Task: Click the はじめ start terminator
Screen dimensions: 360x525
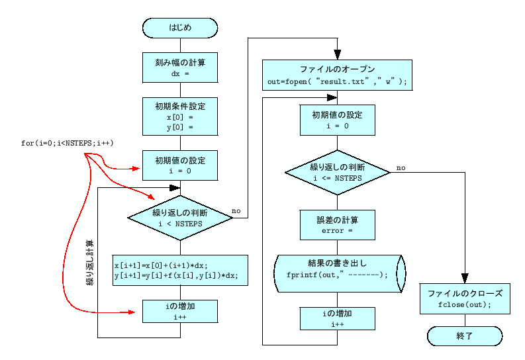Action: (x=180, y=28)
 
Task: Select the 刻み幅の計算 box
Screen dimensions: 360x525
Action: (x=180, y=67)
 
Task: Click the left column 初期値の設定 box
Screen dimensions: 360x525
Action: (x=180, y=165)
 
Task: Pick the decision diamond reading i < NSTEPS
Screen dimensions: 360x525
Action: (x=180, y=218)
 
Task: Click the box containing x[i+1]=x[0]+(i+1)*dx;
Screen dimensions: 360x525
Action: (x=180, y=270)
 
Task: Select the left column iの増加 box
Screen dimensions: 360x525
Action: (x=180, y=311)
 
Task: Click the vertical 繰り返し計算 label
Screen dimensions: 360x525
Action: (x=90, y=263)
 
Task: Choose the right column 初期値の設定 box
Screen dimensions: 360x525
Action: (x=337, y=120)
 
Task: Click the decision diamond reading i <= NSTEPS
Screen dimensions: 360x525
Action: (x=337, y=173)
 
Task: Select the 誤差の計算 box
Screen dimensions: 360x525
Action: (x=337, y=225)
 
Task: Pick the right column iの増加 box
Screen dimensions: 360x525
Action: (x=337, y=318)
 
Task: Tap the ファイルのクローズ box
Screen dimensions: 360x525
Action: (x=465, y=299)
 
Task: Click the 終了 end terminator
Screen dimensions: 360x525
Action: (x=465, y=336)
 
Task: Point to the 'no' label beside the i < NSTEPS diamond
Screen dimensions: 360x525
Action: (x=236, y=211)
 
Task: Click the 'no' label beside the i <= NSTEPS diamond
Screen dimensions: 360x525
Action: (x=401, y=167)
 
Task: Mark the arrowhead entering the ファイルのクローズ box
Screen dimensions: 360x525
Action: (x=465, y=279)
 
